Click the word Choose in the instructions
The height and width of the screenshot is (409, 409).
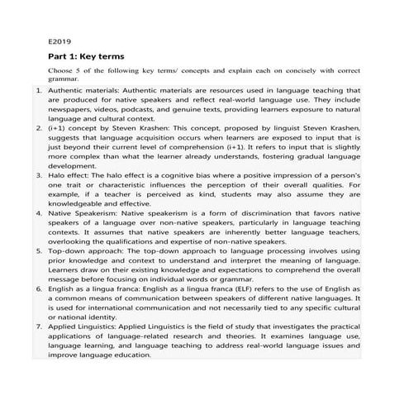pos(62,73)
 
